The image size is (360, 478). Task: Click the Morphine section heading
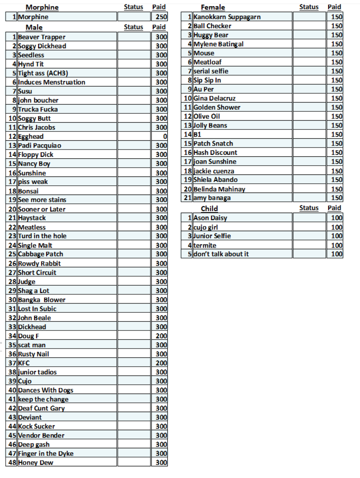coord(42,7)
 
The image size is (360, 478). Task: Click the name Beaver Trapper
coord(41,37)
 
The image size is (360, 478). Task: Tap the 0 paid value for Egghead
coord(165,137)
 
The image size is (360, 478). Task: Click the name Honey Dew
coord(35,463)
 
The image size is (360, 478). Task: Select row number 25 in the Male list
coord(12,254)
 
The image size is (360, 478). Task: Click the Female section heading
coord(213,7)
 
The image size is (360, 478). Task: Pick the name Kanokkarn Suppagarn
coord(227,17)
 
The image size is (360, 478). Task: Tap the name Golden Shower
coord(217,107)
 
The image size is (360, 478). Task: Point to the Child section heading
coord(209,208)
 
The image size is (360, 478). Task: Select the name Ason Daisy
coord(210,218)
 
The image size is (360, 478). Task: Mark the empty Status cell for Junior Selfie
coord(309,236)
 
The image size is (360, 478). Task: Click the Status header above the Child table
coord(309,208)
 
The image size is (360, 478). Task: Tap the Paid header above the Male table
coord(159,27)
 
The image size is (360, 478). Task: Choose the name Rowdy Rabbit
coord(39,264)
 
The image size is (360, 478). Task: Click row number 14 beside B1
coord(187,135)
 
